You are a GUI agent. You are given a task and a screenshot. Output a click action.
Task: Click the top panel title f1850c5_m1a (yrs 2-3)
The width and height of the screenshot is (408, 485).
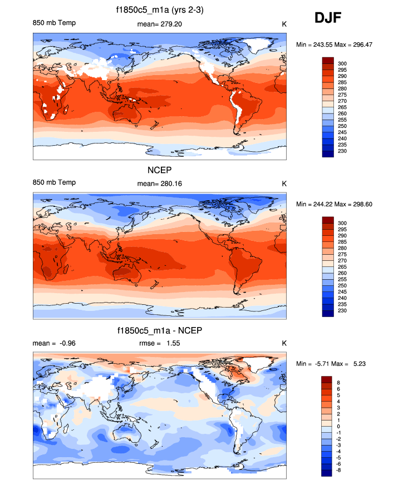tap(160, 10)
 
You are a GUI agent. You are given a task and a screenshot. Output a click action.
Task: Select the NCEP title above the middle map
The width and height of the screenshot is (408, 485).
tap(160, 171)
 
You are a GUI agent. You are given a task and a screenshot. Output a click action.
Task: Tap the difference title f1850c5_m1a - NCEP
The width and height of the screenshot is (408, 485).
tap(160, 330)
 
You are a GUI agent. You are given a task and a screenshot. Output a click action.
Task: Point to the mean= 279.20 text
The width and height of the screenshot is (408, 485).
tap(159, 23)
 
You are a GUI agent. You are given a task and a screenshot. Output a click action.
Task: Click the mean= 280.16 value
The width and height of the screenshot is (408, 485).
tap(159, 183)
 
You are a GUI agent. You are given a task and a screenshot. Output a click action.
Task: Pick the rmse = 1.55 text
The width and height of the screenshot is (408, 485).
tap(160, 343)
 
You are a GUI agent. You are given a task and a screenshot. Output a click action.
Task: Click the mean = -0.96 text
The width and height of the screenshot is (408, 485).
tap(54, 343)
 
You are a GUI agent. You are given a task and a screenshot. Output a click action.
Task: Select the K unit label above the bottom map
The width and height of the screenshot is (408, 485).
tap(284, 343)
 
